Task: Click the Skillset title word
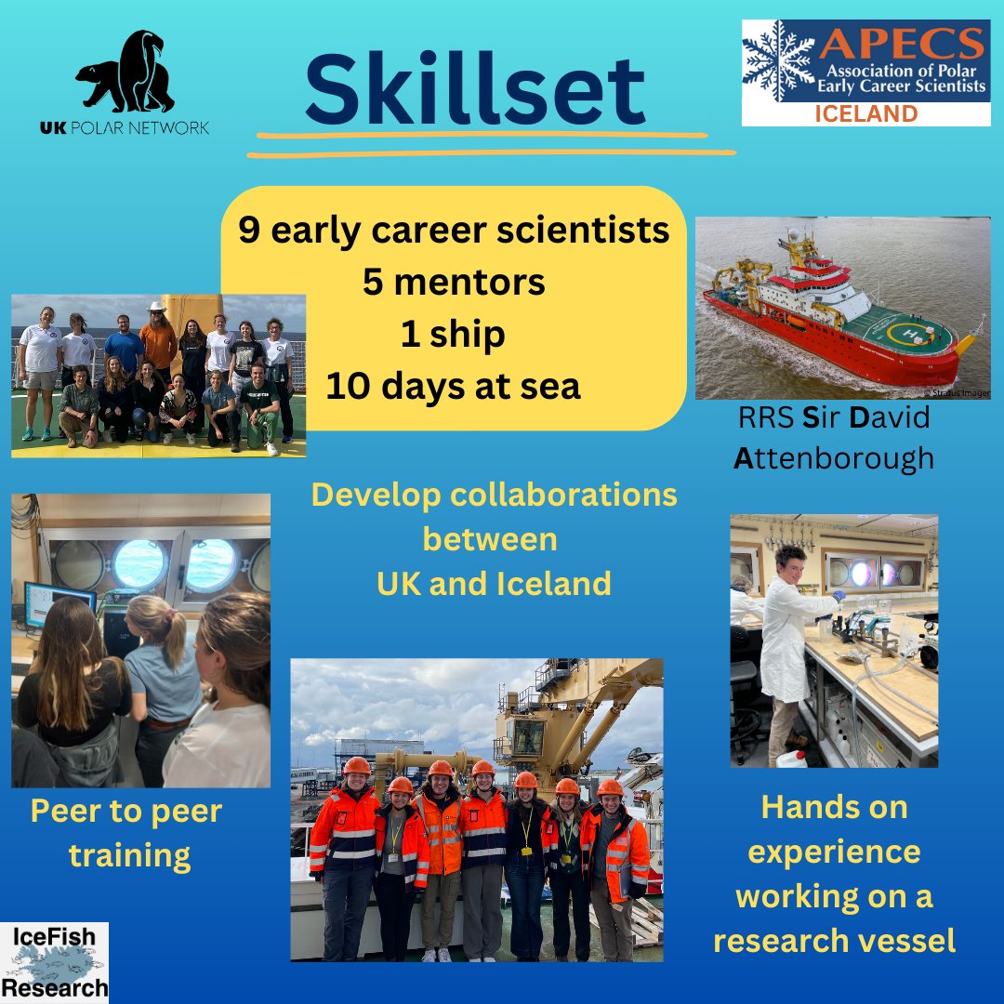(475, 91)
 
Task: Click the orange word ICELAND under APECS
(865, 114)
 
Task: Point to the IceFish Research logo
(54, 962)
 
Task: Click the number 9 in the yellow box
(249, 231)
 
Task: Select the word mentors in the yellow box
(494, 282)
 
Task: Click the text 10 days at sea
(453, 385)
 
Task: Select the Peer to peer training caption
(125, 832)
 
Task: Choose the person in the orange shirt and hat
(158, 339)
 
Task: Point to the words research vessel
(834, 941)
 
